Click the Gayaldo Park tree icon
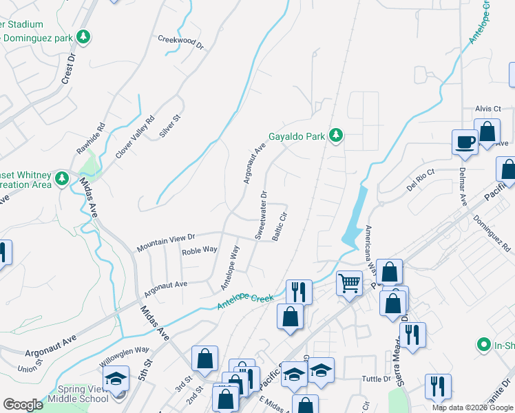tap(336, 136)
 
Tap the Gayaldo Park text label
tap(296, 136)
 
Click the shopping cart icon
tap(350, 282)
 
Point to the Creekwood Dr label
tap(181, 42)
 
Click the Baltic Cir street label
tap(279, 226)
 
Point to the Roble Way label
tap(200, 251)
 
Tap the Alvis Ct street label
tap(488, 109)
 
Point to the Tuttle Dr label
tap(377, 379)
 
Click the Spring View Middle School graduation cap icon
tap(116, 377)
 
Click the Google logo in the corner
tap(23, 405)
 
